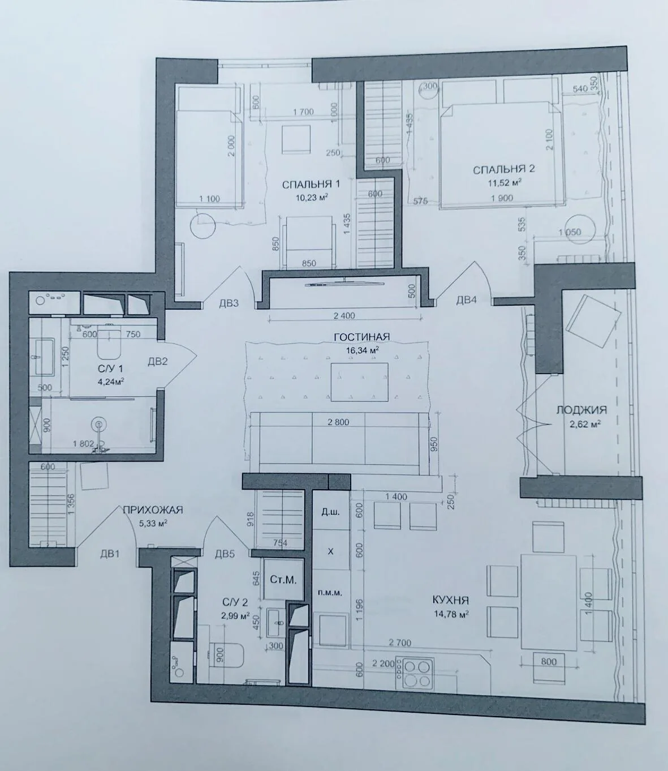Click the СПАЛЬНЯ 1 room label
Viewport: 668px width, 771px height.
pos(311,185)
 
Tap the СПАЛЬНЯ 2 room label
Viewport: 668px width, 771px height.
pos(503,169)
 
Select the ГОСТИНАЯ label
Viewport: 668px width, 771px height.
pos(361,337)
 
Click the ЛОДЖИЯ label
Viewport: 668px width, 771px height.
pos(581,410)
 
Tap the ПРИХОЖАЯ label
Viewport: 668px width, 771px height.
pos(153,510)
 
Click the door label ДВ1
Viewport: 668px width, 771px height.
pos(110,554)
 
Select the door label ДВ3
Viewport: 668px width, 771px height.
pos(229,303)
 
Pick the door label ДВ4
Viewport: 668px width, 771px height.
pos(466,300)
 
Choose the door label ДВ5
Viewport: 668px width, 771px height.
pos(225,554)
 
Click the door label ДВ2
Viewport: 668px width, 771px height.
pos(158,361)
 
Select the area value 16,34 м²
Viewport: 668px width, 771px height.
pos(363,349)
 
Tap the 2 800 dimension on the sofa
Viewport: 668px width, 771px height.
pos(338,422)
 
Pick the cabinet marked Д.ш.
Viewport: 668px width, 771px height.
pos(330,512)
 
